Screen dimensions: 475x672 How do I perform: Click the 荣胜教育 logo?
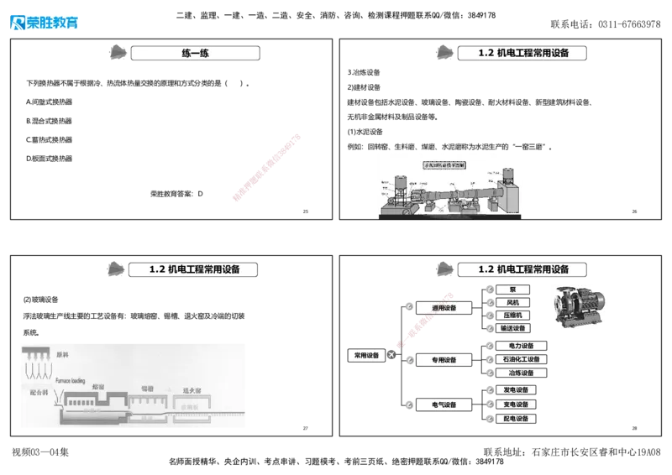click(45, 18)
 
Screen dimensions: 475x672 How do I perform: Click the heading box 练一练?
click(195, 54)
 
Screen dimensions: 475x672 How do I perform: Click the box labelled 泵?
click(513, 289)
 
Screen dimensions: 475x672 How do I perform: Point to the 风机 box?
click(513, 302)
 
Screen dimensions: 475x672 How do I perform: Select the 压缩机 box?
click(513, 316)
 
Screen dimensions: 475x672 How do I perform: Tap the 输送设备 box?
click(513, 329)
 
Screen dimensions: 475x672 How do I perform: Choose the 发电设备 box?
click(516, 390)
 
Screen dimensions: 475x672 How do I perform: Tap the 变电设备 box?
click(516, 405)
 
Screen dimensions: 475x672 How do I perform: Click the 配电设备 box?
click(516, 419)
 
